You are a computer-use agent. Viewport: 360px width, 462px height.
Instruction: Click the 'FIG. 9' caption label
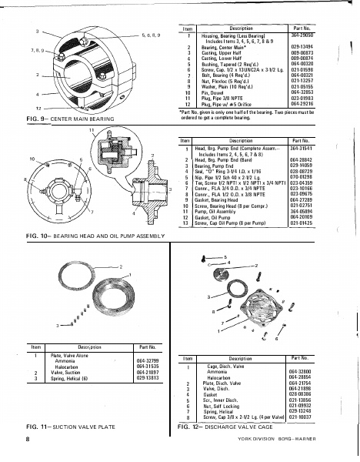pyautogui.click(x=16, y=120)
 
